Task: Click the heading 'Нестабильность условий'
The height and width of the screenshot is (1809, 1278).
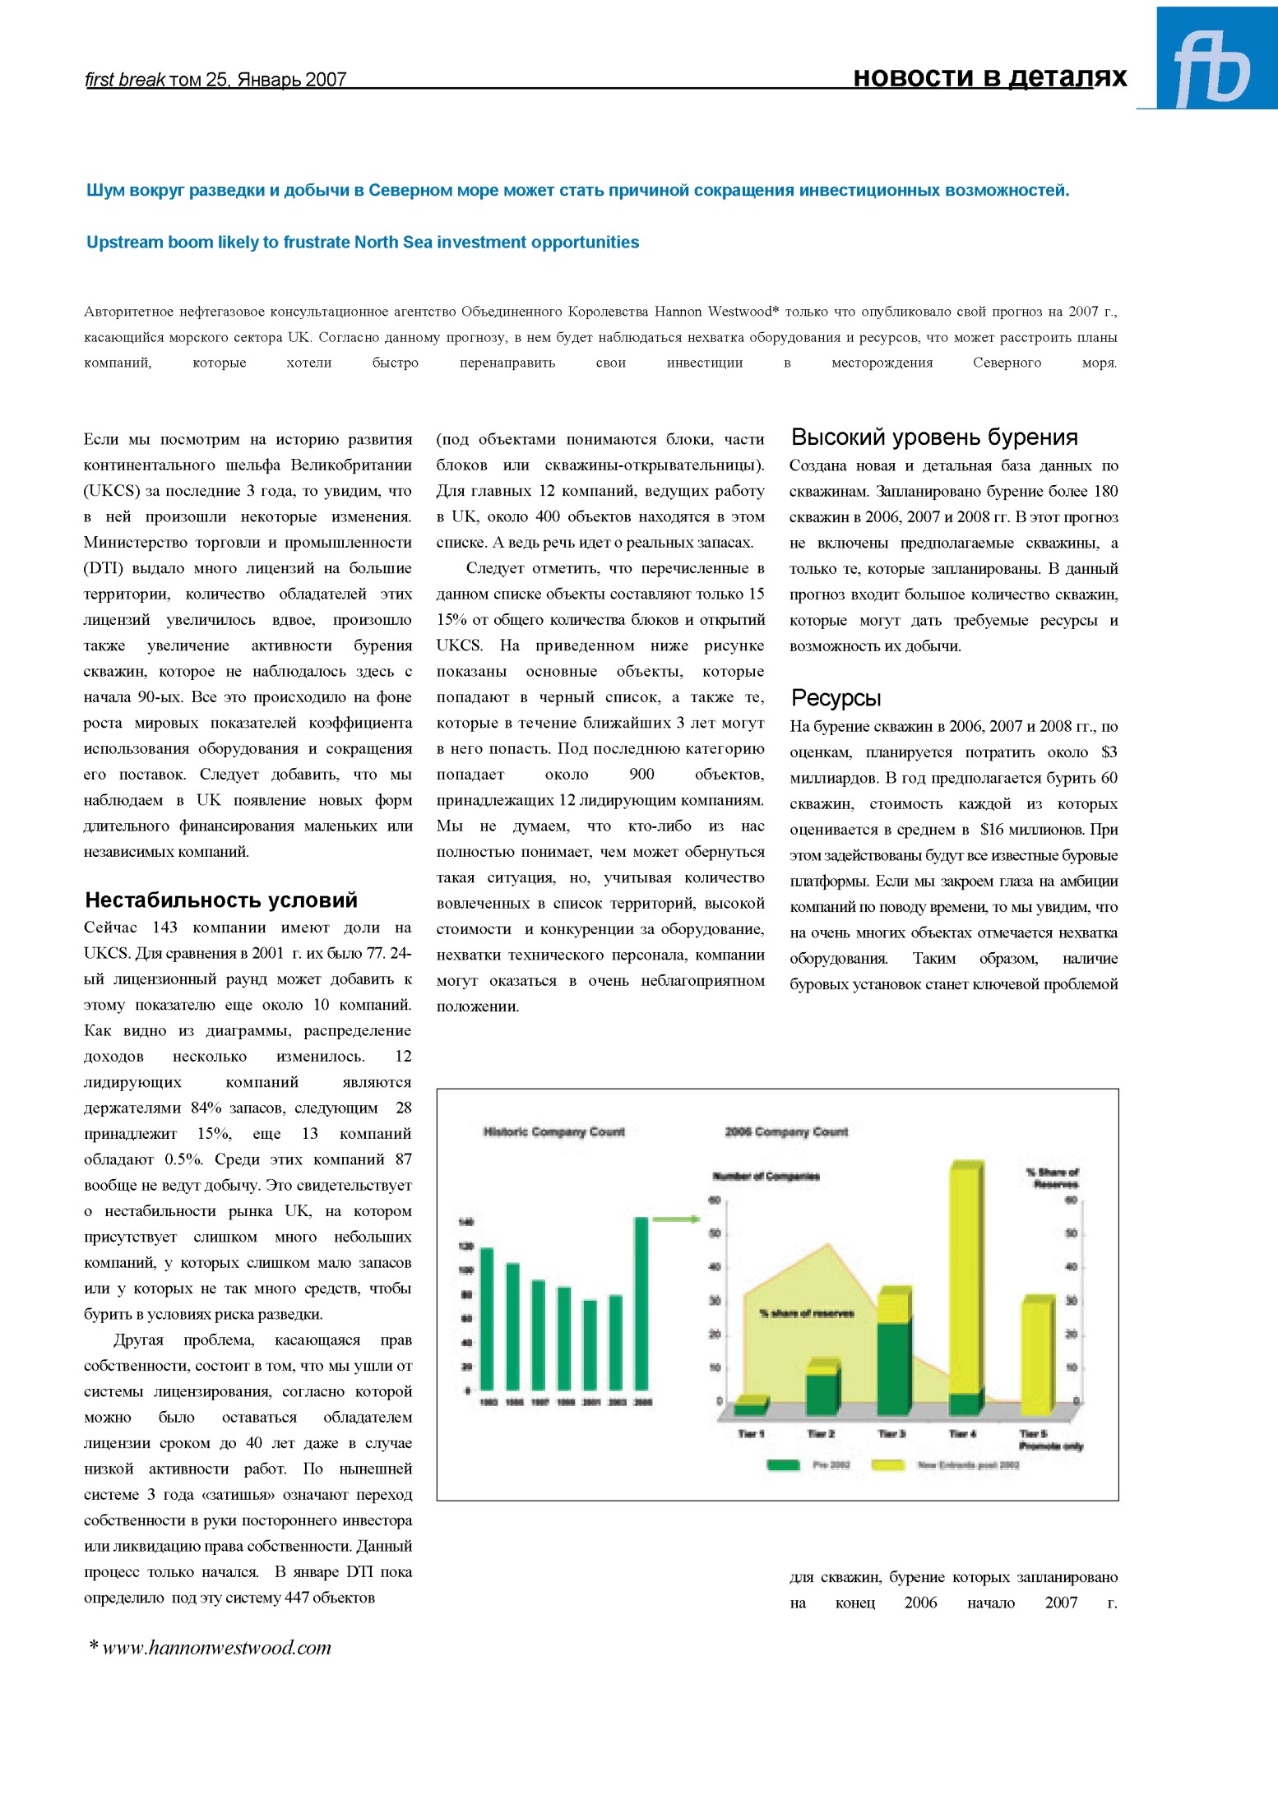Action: [x=221, y=900]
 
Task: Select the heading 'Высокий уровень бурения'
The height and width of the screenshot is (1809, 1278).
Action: [x=934, y=437]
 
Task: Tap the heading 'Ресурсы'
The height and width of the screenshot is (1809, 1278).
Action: [x=836, y=698]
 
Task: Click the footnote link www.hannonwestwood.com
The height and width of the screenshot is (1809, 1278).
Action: [x=216, y=1648]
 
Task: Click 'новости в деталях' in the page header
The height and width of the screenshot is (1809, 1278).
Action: [x=989, y=77]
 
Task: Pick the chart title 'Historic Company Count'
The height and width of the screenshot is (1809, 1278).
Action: [x=554, y=1132]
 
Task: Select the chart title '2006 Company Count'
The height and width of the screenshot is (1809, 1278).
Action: [x=785, y=1132]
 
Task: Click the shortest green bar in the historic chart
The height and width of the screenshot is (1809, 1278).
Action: [x=590, y=1345]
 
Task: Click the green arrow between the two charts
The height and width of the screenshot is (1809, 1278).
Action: [x=675, y=1219]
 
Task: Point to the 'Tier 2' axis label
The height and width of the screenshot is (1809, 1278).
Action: [x=821, y=1434]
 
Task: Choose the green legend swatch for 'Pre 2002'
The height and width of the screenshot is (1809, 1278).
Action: [x=782, y=1465]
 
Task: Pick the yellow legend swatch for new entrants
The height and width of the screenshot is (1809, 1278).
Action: [x=887, y=1465]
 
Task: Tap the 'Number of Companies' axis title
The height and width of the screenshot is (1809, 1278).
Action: [x=766, y=1177]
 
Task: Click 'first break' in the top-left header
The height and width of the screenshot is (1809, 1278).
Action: [x=125, y=80]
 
